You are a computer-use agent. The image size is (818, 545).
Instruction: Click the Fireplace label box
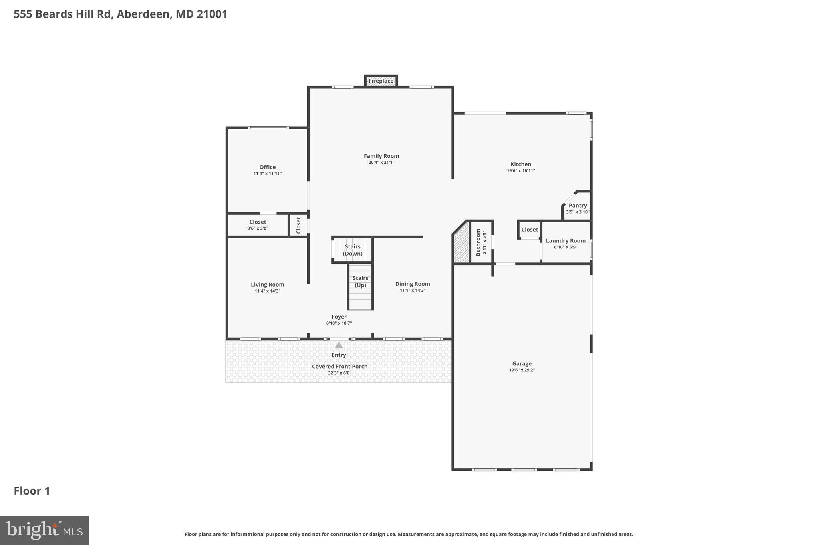point(381,81)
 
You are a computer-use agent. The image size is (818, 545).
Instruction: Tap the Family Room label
point(381,156)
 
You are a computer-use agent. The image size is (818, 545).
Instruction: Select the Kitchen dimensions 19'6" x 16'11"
point(521,171)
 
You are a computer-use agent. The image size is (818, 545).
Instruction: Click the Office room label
point(267,167)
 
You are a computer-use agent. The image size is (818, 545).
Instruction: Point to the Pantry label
point(578,206)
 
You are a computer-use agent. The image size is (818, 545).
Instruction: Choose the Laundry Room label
point(566,241)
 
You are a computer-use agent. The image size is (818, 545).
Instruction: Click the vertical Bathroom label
point(478,242)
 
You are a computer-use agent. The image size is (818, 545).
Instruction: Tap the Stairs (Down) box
point(353,250)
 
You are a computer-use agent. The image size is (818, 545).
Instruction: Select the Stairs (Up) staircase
point(360,286)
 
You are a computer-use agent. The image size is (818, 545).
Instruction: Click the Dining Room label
point(413,284)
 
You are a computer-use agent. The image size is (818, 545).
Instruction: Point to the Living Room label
point(267,285)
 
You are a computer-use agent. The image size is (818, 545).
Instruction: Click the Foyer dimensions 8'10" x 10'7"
point(339,323)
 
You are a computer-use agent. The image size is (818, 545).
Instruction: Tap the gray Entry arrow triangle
point(339,345)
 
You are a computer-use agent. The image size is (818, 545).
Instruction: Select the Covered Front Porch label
point(340,367)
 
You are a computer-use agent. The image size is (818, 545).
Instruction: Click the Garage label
point(522,364)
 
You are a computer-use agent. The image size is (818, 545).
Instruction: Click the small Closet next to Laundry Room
point(530,230)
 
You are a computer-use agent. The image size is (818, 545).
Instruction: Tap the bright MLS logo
point(44,531)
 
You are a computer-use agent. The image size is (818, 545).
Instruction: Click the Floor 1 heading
point(32,491)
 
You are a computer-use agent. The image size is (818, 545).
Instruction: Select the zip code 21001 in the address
point(212,14)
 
